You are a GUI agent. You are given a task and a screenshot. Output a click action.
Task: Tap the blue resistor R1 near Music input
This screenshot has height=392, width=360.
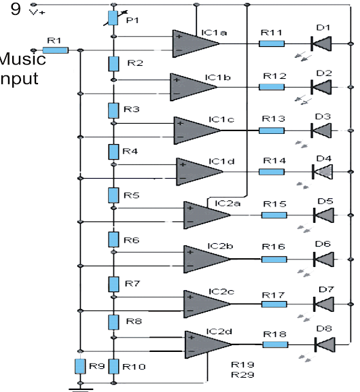56,50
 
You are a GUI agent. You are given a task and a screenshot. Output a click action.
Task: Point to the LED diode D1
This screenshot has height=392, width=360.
321,43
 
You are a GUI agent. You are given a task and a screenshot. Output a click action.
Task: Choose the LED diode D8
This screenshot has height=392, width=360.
324,344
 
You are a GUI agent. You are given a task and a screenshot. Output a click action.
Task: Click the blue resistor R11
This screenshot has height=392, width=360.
271,43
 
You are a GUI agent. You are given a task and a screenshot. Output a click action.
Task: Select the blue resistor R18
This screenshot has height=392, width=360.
274,344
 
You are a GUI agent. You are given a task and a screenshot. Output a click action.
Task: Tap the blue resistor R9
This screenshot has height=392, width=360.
80,367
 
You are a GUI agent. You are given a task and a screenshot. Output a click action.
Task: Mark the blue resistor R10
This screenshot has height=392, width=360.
113,367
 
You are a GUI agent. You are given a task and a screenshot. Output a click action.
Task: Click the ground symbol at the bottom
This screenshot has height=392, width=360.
80,389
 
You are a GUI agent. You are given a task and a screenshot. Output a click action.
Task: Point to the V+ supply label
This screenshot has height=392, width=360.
37,12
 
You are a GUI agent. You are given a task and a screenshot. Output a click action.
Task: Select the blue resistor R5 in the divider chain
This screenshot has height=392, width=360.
113,196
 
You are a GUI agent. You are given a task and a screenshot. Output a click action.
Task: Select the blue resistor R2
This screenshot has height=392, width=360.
113,64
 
